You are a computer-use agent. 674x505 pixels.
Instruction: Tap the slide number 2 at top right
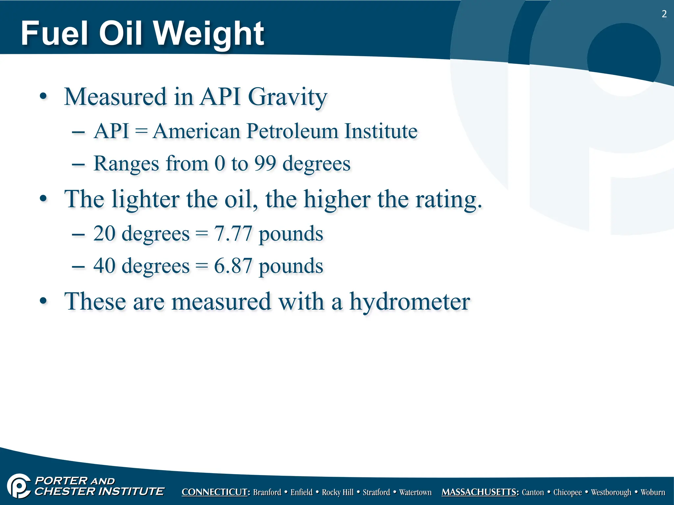(664, 14)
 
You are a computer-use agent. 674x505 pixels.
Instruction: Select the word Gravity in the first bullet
(287, 97)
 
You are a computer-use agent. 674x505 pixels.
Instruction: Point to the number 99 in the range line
(265, 163)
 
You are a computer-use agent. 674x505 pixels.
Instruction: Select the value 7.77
(233, 234)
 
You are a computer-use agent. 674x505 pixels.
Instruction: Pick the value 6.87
(233, 266)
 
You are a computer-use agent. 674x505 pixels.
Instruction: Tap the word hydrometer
(409, 302)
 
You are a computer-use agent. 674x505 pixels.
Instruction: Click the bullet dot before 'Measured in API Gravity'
(43, 97)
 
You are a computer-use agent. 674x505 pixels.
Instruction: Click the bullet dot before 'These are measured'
(43, 301)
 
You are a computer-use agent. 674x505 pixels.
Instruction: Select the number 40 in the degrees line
(104, 266)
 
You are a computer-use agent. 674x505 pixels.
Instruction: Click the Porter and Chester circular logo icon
(19, 486)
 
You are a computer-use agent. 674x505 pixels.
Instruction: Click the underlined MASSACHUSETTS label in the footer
(480, 492)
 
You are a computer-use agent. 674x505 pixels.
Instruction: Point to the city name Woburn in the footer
(653, 492)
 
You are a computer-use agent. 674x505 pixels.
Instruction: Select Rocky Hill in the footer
(337, 492)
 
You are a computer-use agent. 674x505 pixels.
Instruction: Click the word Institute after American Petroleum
(381, 131)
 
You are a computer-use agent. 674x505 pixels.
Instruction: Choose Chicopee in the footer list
(567, 492)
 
